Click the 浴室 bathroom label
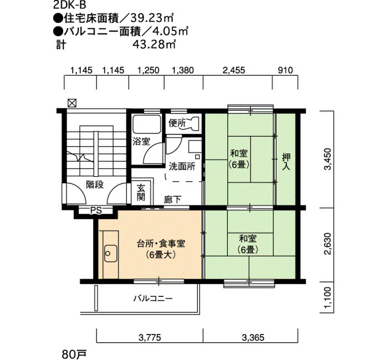tap(141, 142)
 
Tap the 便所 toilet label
tap(177, 123)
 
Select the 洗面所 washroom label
tap(182, 166)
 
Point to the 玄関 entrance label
tap(141, 192)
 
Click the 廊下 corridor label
tap(173, 199)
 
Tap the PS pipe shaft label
tap(96, 210)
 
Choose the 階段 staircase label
tap(95, 184)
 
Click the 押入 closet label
tap(287, 162)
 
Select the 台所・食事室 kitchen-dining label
tap(161, 244)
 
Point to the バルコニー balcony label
tap(153, 299)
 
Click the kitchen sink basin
tap(110, 254)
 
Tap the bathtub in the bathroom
tap(146, 125)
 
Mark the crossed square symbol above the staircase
tap(72, 103)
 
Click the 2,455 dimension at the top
tap(234, 70)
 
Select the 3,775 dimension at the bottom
tap(150, 337)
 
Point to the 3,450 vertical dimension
tap(327, 159)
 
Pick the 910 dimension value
tap(285, 70)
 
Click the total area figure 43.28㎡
tap(154, 44)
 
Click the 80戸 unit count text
tap(74, 354)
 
